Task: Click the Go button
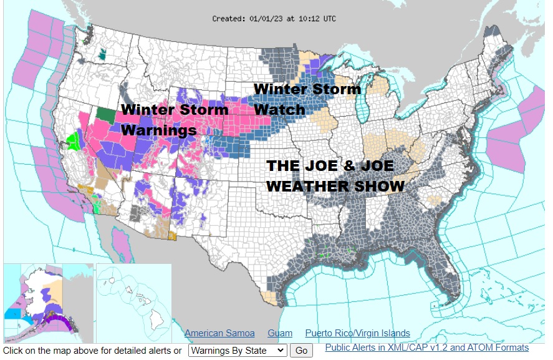click(301, 351)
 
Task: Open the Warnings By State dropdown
click(237, 351)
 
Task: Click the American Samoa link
click(219, 333)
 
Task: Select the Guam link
click(279, 333)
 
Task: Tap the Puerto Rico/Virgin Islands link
click(357, 333)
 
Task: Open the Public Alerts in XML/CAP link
click(426, 348)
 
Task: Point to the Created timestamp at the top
click(274, 19)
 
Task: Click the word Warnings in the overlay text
click(158, 130)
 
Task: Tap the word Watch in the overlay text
click(279, 110)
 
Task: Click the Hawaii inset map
click(133, 293)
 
